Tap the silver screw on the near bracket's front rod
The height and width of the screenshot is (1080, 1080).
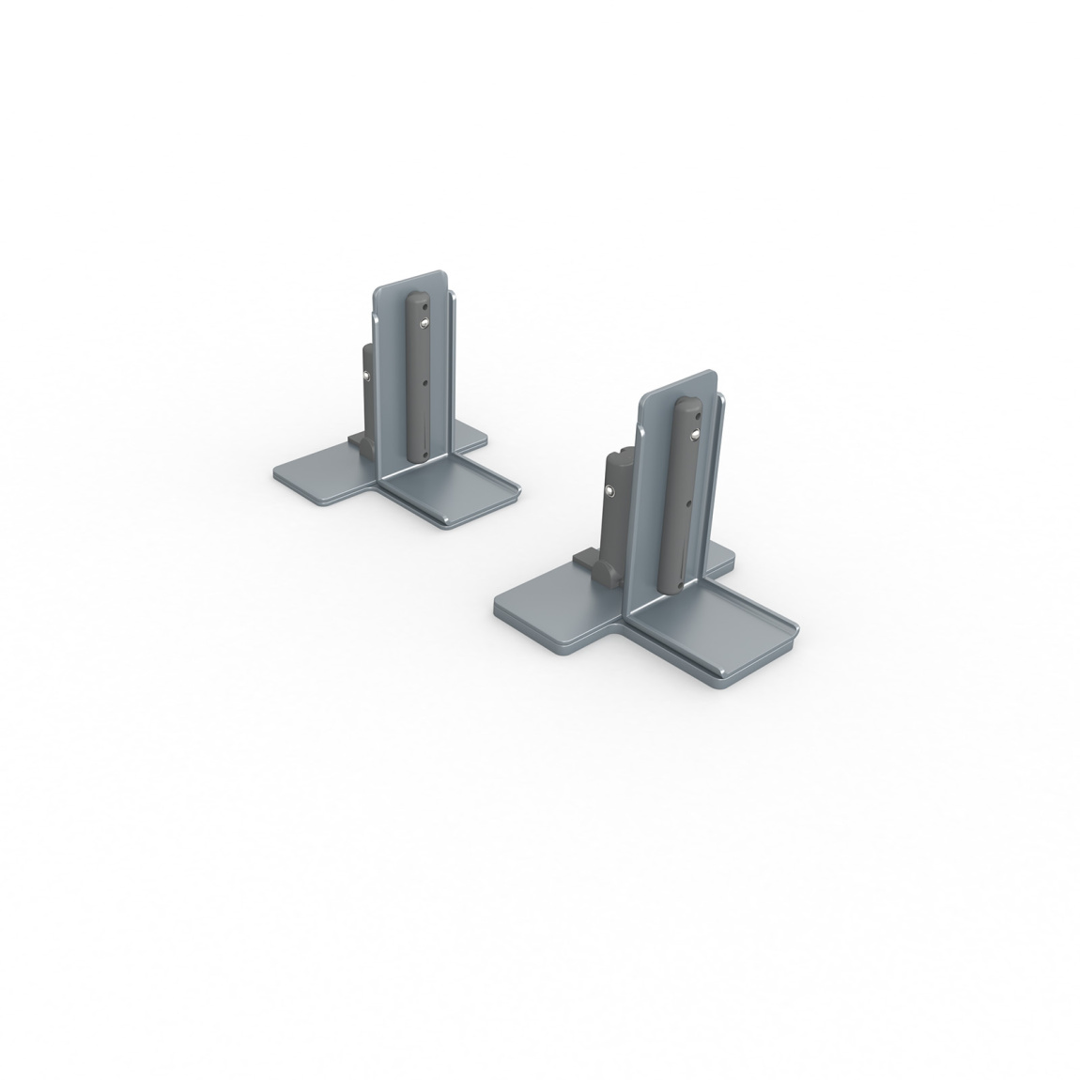692,434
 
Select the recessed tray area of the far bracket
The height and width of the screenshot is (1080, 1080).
451,493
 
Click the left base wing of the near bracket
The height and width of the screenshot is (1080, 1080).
554,606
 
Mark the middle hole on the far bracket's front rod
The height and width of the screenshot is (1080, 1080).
425,383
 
